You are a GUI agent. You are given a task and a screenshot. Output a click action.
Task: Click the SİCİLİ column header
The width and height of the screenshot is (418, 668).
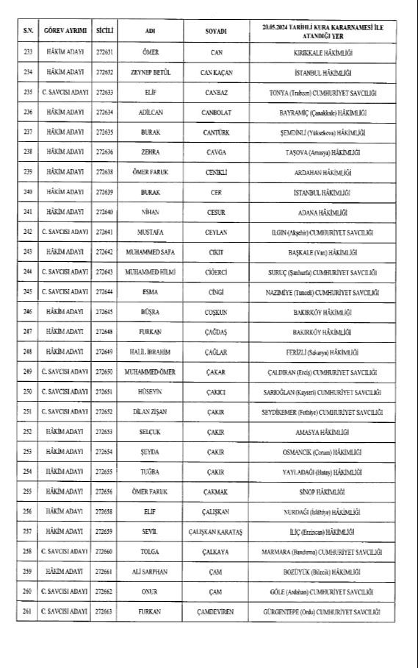[x=104, y=31]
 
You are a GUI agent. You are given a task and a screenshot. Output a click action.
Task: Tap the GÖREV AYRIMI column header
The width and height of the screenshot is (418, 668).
[x=64, y=31]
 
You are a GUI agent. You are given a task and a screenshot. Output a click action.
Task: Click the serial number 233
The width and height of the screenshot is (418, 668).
[x=29, y=52]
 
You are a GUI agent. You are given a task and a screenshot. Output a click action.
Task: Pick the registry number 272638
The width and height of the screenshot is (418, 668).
[x=104, y=171]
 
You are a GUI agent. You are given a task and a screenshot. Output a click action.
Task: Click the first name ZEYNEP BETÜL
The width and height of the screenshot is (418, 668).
[x=149, y=72]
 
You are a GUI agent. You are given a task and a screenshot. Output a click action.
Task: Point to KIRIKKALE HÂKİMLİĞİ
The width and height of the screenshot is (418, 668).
[x=321, y=52]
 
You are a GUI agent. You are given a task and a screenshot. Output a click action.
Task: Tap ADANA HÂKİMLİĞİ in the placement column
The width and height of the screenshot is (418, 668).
[x=321, y=212]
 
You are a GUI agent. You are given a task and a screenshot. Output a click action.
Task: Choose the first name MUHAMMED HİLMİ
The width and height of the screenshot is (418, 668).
[x=149, y=271]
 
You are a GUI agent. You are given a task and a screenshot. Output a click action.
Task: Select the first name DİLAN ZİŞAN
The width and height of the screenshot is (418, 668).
[x=149, y=411]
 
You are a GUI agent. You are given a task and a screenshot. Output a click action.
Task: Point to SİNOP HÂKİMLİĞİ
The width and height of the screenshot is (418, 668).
[x=321, y=491]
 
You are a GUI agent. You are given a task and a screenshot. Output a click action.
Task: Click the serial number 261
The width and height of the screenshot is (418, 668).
[x=29, y=611]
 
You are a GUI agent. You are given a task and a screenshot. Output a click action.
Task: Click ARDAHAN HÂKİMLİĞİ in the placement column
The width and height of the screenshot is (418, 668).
[x=321, y=171]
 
